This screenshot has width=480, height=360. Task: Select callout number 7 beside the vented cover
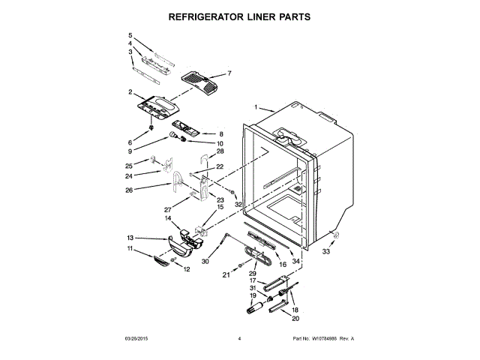229,73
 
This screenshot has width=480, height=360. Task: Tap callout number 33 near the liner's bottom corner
326,252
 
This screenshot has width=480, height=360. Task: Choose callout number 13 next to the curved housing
130,237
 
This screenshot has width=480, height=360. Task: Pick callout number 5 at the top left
130,35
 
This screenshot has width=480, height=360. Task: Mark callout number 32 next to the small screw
238,204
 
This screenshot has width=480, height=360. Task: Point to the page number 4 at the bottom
239,339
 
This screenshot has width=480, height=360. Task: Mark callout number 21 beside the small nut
225,275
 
